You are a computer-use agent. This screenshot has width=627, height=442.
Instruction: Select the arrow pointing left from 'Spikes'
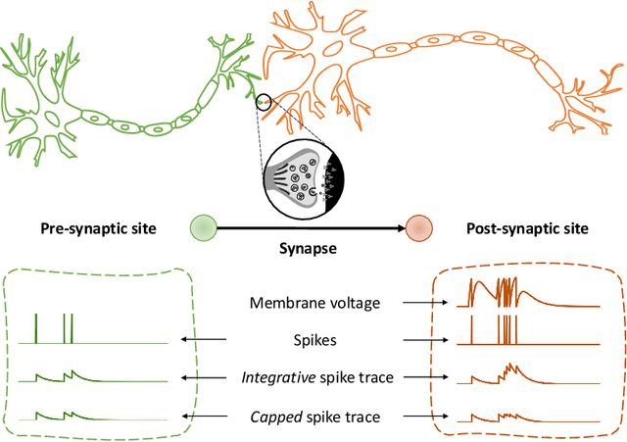click(202, 340)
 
